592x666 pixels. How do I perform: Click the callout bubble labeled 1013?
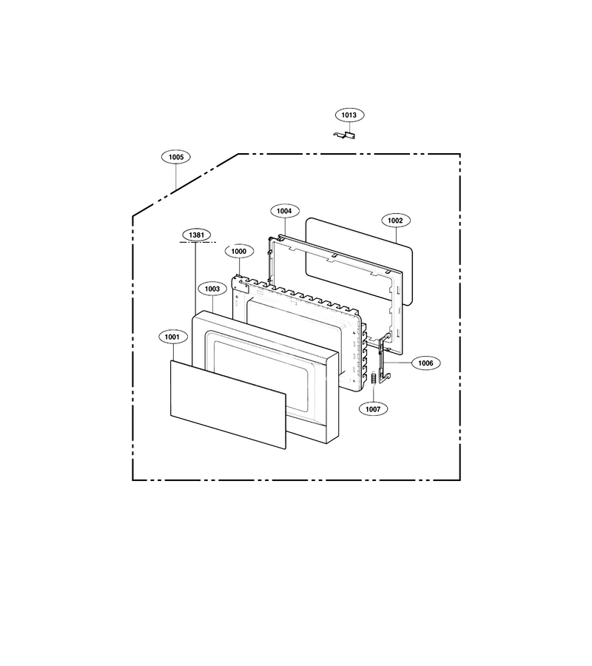tap(349, 115)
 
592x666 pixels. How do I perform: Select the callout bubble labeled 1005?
tap(176, 157)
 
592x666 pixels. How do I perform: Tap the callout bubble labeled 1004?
tap(285, 211)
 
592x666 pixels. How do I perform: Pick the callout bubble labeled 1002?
tap(395, 221)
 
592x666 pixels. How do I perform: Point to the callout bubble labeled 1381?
tap(197, 235)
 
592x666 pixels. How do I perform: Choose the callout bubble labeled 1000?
tap(239, 252)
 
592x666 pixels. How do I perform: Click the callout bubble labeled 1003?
tap(212, 289)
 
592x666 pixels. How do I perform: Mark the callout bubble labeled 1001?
tap(172, 337)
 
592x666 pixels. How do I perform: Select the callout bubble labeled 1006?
tap(425, 363)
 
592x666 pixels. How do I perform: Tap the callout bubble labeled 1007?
tap(373, 409)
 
